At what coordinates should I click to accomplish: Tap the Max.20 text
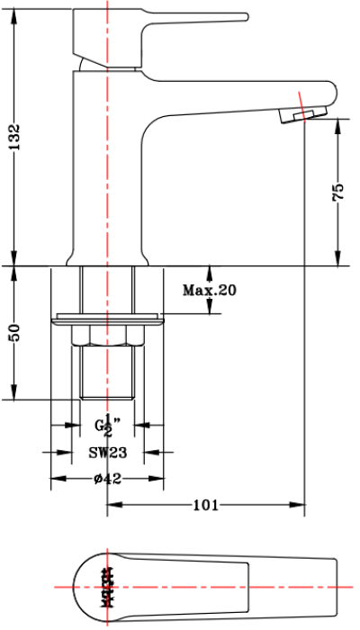pyautogui.click(x=209, y=290)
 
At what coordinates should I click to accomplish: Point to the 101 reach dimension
pyautogui.click(x=206, y=506)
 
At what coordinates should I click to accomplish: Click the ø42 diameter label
pyautogui.click(x=107, y=479)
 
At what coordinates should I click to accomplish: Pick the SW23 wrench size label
pyautogui.click(x=108, y=453)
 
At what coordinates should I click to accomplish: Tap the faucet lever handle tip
pyautogui.click(x=243, y=16)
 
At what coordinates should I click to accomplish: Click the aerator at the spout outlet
pyautogui.click(x=301, y=112)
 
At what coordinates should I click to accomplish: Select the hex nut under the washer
pyautogui.click(x=108, y=335)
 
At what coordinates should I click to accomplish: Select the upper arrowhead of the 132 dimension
pyautogui.click(x=14, y=18)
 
